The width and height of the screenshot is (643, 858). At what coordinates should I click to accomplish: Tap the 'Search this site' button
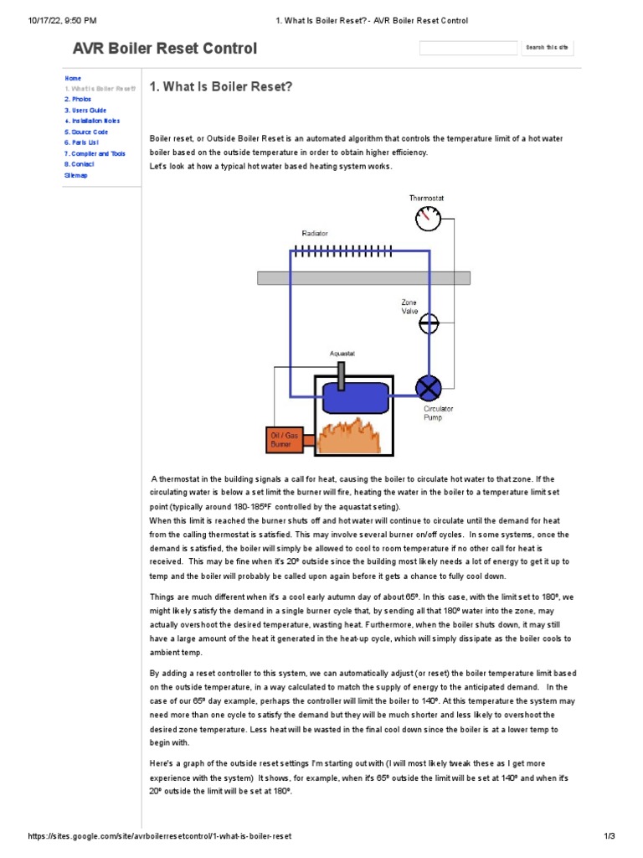pos(547,48)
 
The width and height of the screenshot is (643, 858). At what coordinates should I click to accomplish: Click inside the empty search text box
pos(468,48)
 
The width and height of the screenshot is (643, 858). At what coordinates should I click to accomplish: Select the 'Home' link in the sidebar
pos(73,78)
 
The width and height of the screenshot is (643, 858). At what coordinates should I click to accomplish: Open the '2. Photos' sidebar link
pos(78,99)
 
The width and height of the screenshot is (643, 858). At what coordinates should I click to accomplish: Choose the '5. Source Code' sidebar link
pos(86,132)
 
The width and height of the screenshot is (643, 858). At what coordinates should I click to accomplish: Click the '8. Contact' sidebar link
pos(81,164)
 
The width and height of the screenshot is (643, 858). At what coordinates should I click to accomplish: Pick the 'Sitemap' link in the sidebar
pos(75,175)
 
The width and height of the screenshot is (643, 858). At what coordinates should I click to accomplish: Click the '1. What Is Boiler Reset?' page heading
pos(220,87)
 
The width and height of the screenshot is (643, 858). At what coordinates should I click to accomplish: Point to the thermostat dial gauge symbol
pos(428,219)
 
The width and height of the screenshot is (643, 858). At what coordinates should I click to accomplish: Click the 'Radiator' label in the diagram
pos(315,234)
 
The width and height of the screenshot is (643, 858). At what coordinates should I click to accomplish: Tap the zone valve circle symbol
pos(429,322)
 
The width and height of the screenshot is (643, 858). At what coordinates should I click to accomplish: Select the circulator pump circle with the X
pos(429,388)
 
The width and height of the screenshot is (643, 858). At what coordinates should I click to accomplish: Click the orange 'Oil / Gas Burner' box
pos(284,439)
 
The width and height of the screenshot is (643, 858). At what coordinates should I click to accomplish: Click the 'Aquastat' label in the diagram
pos(342,354)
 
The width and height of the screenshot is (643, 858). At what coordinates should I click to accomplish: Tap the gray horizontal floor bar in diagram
pos(363,278)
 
